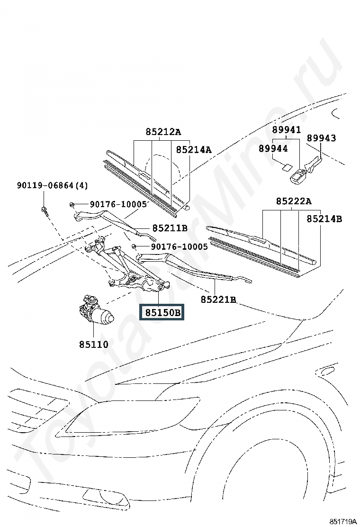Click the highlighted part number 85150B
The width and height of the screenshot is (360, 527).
(x=162, y=313)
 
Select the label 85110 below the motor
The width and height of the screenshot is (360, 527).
(x=94, y=345)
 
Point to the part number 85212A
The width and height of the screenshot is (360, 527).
(x=163, y=132)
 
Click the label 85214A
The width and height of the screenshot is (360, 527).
(x=194, y=150)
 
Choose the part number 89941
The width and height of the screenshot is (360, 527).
(x=286, y=129)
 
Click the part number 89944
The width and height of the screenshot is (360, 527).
(x=273, y=148)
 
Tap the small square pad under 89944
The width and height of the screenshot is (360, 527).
(x=287, y=166)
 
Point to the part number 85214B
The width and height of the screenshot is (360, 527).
(x=324, y=218)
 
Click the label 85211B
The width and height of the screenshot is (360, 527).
(x=170, y=228)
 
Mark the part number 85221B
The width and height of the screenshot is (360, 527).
(x=218, y=300)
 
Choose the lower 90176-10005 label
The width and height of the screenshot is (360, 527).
(x=179, y=247)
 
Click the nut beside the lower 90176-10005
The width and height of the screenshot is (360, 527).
(x=135, y=246)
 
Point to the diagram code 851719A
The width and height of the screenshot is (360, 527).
(x=342, y=521)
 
